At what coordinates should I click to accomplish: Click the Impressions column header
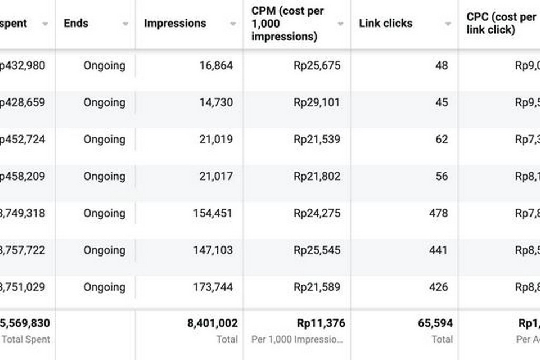point(175,24)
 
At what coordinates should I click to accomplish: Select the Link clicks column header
point(385,24)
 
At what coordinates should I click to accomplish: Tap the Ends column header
point(76,24)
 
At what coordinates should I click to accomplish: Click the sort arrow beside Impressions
point(233,24)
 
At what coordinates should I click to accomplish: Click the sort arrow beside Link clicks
point(448,24)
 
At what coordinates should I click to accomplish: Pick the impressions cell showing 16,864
point(216,65)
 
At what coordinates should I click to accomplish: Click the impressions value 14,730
point(216,102)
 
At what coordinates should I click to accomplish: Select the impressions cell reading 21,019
point(216,139)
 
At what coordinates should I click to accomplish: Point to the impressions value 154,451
point(213,213)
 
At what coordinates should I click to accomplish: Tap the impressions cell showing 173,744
point(213,287)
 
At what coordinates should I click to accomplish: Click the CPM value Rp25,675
point(317,65)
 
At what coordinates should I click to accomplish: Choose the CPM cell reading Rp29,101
point(317,102)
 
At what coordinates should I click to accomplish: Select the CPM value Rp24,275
point(317,213)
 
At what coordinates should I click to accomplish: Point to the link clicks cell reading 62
point(442,139)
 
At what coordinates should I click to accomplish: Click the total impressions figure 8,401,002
point(213,323)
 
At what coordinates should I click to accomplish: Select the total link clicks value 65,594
point(435,323)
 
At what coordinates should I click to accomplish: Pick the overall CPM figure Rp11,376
point(321,323)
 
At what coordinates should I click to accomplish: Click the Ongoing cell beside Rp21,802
point(105,177)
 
